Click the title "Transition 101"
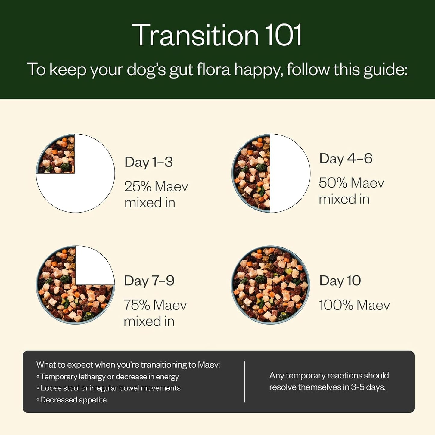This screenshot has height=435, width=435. [217, 35]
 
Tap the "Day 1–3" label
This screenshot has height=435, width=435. [148, 162]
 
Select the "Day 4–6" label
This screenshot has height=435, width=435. [346, 159]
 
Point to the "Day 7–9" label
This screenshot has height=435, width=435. [149, 281]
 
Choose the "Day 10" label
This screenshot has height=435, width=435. [340, 281]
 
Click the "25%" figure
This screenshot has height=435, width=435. [138, 187]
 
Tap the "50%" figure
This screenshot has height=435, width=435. [333, 183]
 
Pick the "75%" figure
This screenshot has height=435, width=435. [137, 305]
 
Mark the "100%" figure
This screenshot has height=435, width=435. [336, 306]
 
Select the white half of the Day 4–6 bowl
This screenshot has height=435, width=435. [290, 173]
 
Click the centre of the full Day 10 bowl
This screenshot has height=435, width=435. [270, 285]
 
